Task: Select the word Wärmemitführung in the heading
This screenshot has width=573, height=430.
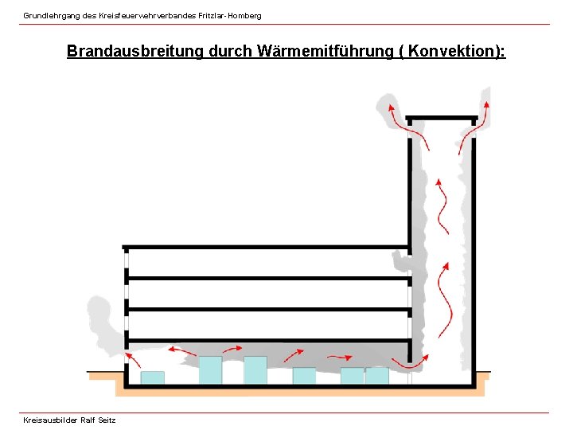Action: point(324,51)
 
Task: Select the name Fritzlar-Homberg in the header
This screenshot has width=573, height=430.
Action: point(229,16)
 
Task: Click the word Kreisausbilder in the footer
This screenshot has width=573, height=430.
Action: point(50,420)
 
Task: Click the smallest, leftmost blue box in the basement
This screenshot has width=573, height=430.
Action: point(152,377)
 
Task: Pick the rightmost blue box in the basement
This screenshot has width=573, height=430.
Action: point(376,375)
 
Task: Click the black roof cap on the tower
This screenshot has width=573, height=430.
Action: point(442,118)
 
